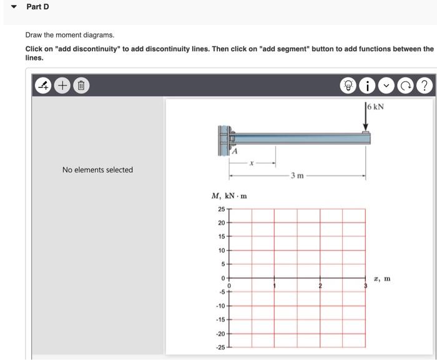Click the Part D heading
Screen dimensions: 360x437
(37, 7)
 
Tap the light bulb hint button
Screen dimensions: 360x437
(348, 85)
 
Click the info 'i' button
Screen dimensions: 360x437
(368, 85)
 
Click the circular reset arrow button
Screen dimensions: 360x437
(406, 85)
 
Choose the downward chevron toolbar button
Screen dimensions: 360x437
(387, 85)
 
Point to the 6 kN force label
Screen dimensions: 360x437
(376, 107)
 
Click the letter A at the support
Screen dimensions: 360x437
(235, 151)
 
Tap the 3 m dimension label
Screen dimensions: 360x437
(297, 175)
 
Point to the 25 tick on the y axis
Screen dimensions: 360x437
(222, 209)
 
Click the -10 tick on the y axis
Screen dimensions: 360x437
(220, 306)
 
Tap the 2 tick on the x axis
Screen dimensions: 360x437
(320, 286)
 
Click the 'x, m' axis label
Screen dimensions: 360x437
(383, 278)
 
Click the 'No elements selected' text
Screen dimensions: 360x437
(97, 170)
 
